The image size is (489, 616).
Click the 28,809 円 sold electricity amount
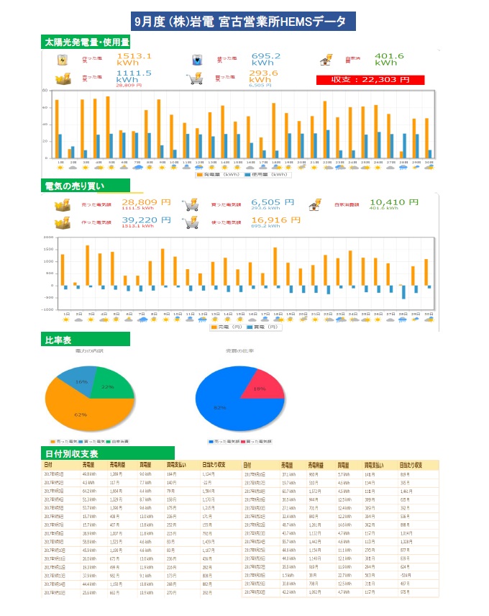tap(146, 203)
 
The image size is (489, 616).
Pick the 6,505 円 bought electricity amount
tap(273, 203)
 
